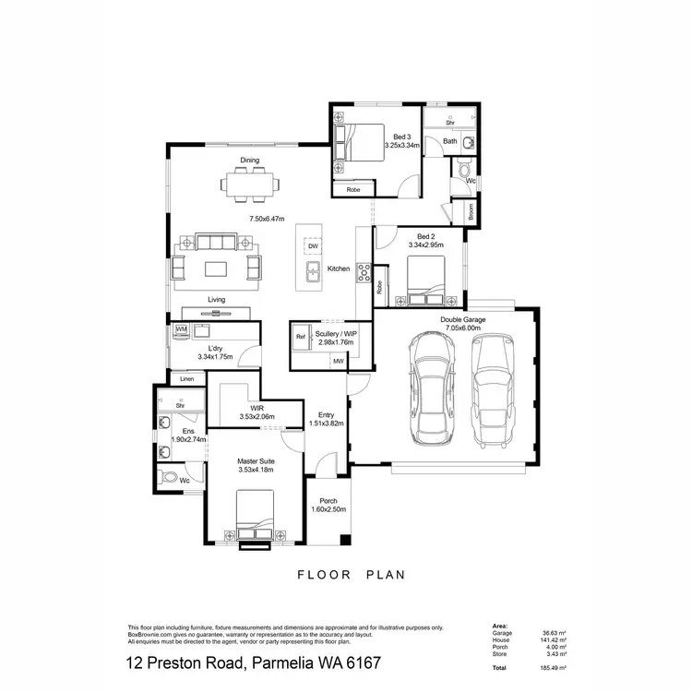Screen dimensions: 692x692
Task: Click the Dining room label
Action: pyautogui.click(x=250, y=161)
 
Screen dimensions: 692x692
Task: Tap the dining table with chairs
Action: pyautogui.click(x=250, y=187)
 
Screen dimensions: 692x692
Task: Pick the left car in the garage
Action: pyautogui.click(x=433, y=387)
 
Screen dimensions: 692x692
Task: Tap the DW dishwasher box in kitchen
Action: pyautogui.click(x=313, y=246)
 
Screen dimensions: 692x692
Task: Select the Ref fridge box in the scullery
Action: pyautogui.click(x=300, y=338)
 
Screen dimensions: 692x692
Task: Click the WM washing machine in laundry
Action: pyautogui.click(x=181, y=328)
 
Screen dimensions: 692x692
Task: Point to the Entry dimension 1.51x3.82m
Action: pyautogui.click(x=326, y=424)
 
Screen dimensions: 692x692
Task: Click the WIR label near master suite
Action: pyautogui.click(x=257, y=408)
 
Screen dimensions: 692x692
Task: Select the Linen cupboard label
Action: pyautogui.click(x=187, y=379)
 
